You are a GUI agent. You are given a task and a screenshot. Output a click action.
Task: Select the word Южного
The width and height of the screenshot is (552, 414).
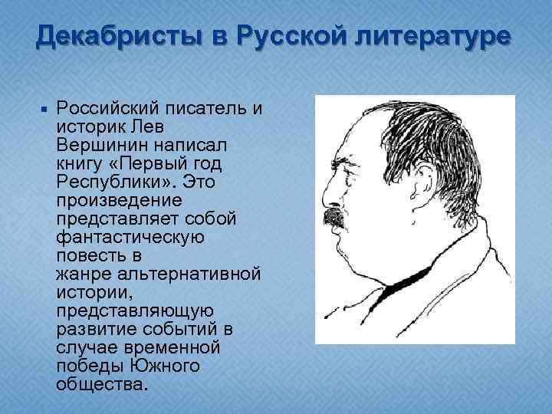(x=166, y=366)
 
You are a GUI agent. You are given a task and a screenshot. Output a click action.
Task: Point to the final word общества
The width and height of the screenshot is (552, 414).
(x=99, y=384)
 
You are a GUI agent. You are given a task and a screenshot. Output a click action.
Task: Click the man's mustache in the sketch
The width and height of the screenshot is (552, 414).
(x=334, y=216)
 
